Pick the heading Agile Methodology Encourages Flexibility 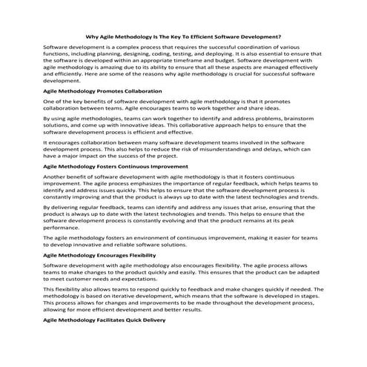point(102,254)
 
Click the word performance point(62,228)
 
